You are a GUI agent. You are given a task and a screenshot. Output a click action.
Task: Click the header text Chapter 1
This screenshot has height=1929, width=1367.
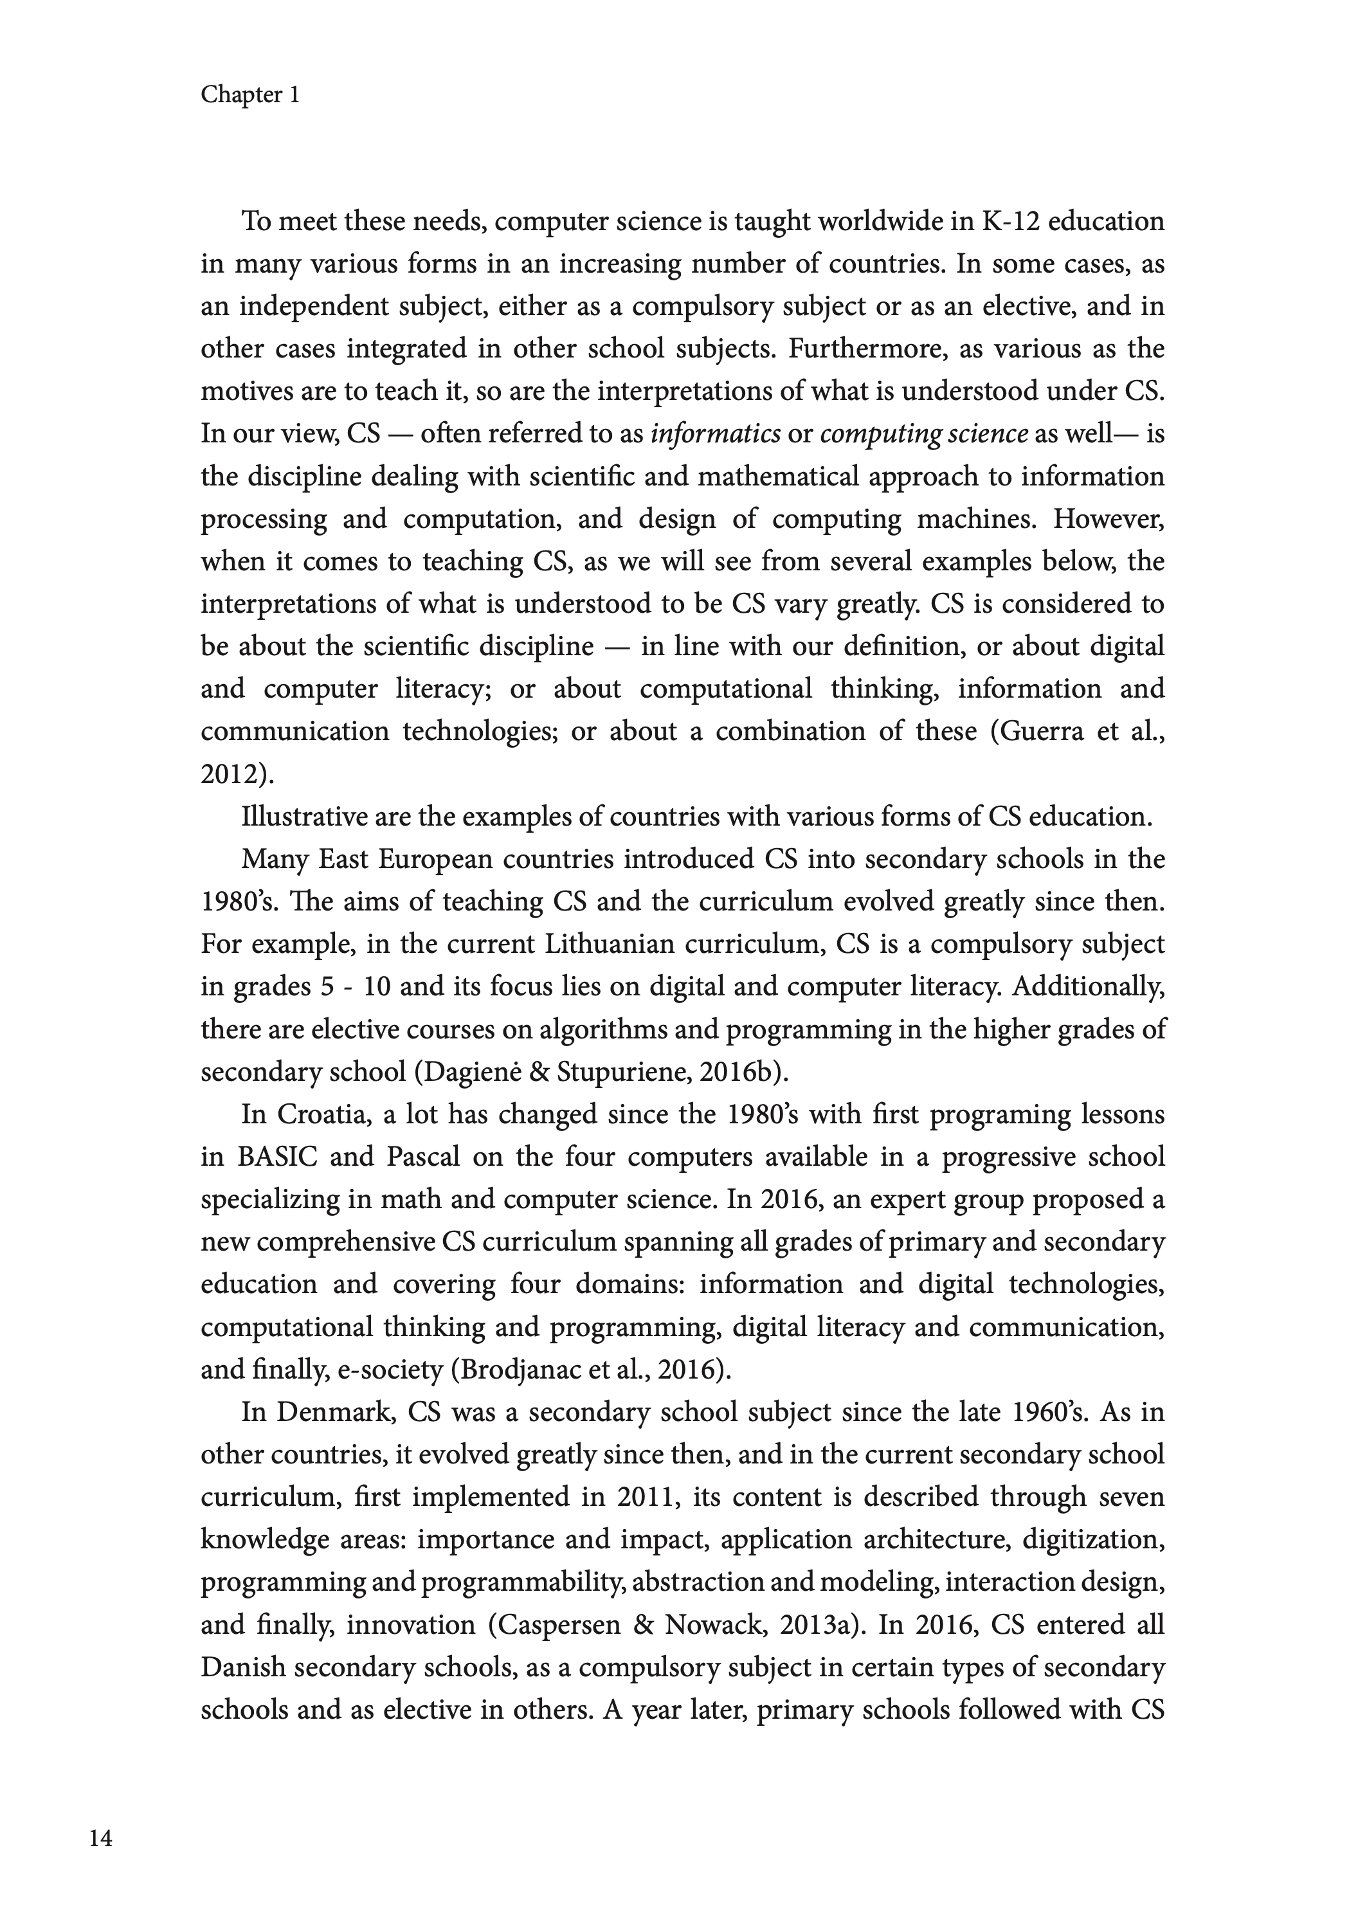[x=250, y=95]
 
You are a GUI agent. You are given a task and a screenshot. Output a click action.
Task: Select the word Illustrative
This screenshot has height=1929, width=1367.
[x=303, y=817]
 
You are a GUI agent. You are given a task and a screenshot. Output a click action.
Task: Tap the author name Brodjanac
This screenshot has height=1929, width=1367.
[x=515, y=1370]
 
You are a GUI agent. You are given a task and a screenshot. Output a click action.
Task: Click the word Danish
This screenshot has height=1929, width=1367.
[x=243, y=1667]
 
